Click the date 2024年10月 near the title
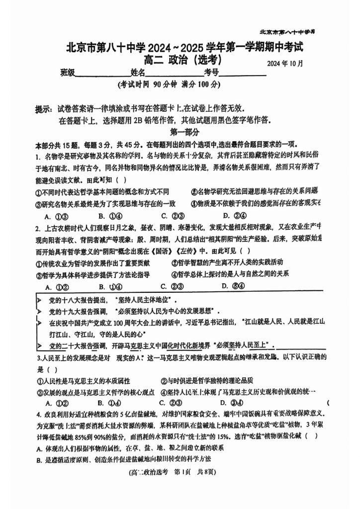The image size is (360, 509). click(284, 64)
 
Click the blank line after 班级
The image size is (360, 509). click(102, 74)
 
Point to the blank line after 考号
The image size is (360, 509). click(243, 74)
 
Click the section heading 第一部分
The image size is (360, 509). click(184, 132)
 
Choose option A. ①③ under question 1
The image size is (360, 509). click(56, 216)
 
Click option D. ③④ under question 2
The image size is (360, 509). click(233, 286)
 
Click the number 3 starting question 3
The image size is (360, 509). click(38, 357)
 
